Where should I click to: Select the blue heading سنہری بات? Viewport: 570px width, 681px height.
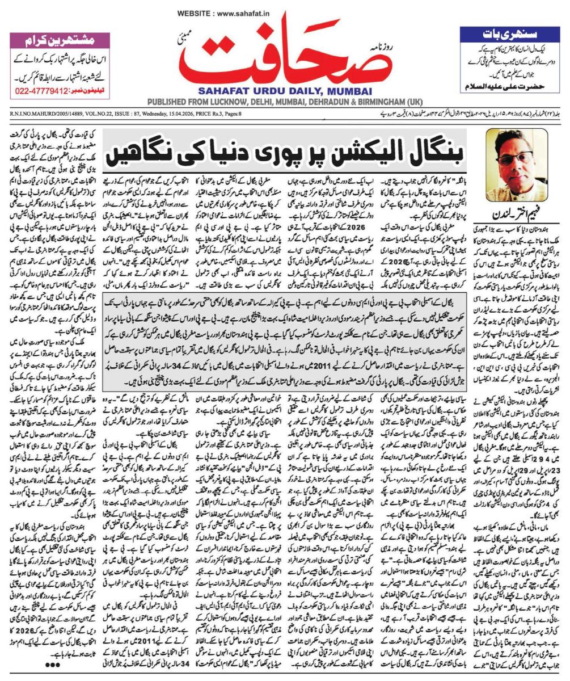pos(510,33)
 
